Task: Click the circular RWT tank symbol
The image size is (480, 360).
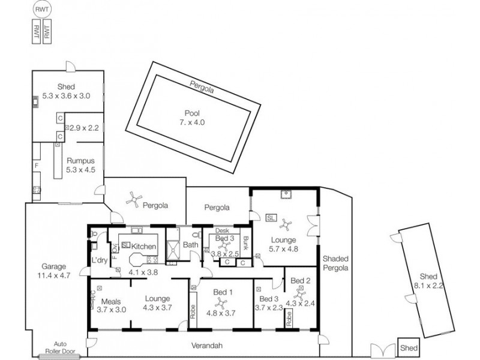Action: point(41,10)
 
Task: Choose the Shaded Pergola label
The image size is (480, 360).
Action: point(335,264)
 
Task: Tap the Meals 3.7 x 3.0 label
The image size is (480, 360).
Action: point(112,306)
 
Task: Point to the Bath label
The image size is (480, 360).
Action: point(190,245)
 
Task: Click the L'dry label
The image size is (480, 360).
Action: point(98,260)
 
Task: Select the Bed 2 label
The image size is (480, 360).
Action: point(299,281)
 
